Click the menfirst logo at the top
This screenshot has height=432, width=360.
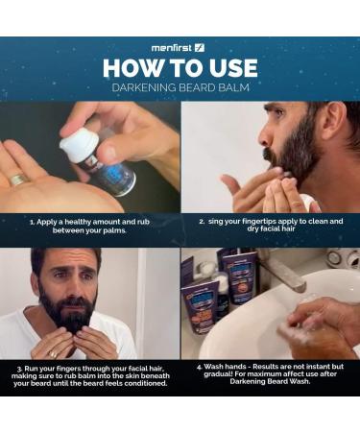click(178, 48)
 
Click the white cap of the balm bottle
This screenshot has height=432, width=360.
click(79, 142)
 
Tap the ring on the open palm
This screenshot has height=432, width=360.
click(16, 179)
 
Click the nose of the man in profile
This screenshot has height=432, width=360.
click(264, 138)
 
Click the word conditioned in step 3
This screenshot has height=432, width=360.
click(146, 383)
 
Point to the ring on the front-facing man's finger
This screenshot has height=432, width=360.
click(53, 354)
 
